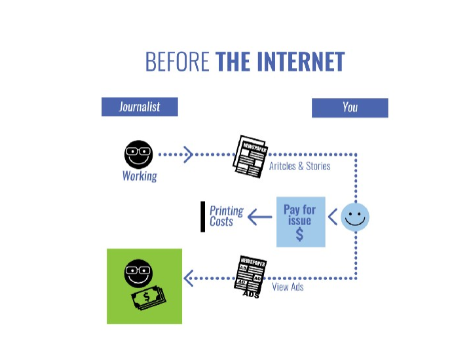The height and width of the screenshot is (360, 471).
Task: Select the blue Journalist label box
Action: pos(140,107)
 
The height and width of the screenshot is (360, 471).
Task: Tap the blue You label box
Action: pos(350,107)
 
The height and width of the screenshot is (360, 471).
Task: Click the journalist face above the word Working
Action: pos(138,154)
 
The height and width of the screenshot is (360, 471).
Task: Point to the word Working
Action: pos(140,176)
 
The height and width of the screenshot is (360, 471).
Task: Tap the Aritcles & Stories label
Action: pos(299,166)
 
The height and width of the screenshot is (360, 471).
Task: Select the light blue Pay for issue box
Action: pos(300,221)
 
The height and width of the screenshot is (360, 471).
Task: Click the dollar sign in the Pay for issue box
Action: pos(299,234)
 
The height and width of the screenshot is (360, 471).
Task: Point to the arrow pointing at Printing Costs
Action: pos(260,217)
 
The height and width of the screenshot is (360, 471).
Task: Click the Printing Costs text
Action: pos(226,216)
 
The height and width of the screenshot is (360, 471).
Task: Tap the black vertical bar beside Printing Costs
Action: pos(203,217)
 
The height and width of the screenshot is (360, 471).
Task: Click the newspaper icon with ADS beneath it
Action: pos(250,275)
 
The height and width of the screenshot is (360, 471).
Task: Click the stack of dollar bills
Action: pos(149,298)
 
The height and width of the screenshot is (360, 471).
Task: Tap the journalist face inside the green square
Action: pos(138,274)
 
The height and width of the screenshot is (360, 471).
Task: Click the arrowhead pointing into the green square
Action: pos(189,279)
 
